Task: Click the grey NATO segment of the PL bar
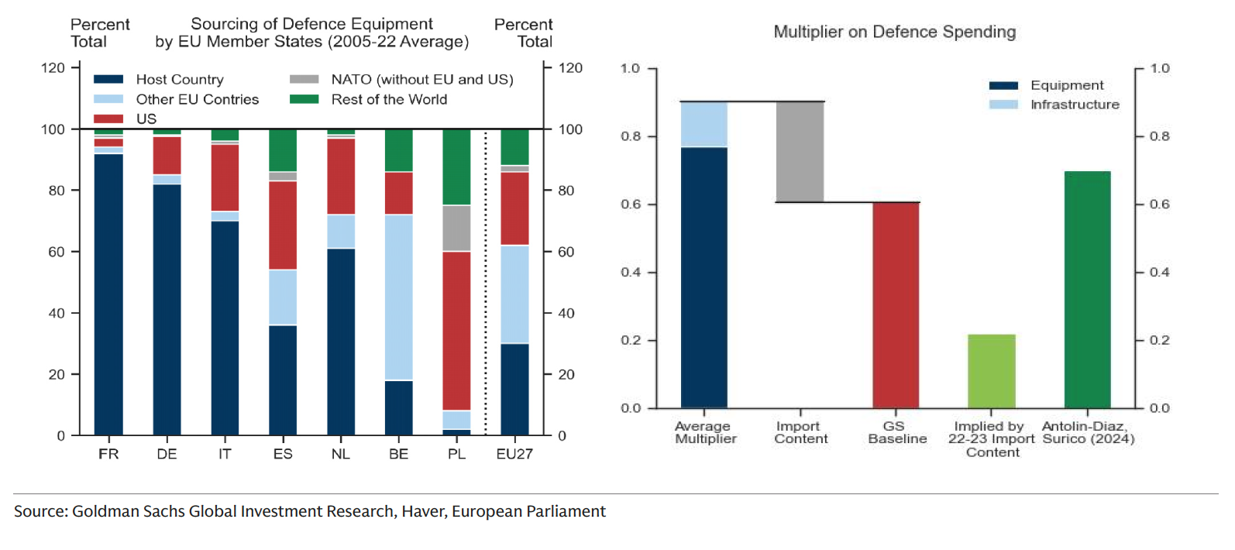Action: [456, 229]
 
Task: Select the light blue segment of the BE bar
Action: [398, 297]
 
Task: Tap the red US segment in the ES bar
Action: [283, 225]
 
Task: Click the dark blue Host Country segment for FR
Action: [108, 294]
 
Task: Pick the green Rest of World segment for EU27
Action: [514, 147]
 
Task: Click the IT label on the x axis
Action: [225, 454]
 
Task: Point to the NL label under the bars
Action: [341, 454]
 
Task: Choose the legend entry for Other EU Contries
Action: [197, 99]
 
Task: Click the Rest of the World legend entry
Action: [389, 99]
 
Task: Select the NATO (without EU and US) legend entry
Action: [421, 79]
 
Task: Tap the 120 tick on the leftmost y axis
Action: [53, 68]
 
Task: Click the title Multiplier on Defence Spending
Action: [894, 32]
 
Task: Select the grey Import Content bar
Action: [800, 152]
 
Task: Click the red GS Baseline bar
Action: [896, 305]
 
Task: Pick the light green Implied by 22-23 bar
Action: [991, 371]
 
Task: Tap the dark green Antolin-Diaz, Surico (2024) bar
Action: [1087, 290]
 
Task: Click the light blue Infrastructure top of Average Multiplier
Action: [704, 124]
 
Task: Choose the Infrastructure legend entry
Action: [1074, 105]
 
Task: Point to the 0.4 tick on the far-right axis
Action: [1159, 273]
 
